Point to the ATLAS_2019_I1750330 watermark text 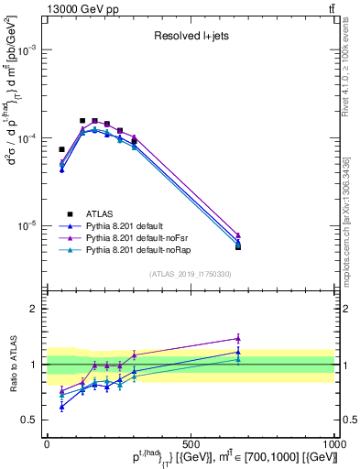click(191, 274)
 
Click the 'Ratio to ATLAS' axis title click(16, 365)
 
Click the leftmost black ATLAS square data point click(61, 149)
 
